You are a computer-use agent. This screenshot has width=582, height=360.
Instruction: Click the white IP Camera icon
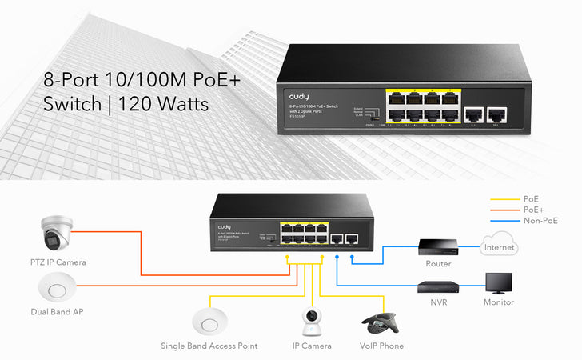[x=312, y=322]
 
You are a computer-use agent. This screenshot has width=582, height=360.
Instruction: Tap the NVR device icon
[x=438, y=286]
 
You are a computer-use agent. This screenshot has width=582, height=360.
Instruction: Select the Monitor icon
[x=499, y=283]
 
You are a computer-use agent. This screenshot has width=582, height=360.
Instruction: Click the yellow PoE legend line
[x=504, y=198]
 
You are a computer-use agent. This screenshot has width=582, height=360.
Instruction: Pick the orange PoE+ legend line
[x=504, y=210]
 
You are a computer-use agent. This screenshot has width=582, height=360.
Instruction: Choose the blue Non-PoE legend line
[x=504, y=221]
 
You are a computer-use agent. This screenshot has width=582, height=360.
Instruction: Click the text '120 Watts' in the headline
[x=169, y=104]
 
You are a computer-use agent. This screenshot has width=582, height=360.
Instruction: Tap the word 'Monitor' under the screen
[x=499, y=302]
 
